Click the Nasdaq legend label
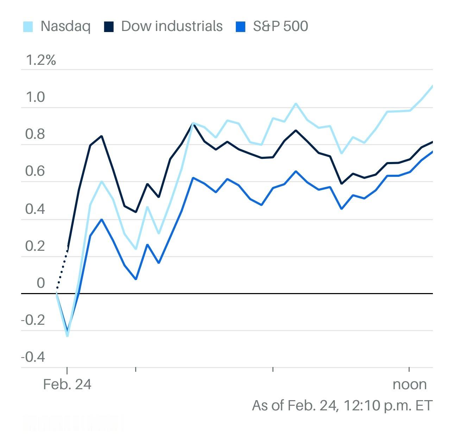click(x=65, y=26)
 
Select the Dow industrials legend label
click(x=172, y=26)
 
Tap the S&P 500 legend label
click(x=280, y=26)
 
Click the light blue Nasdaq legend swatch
click(x=28, y=27)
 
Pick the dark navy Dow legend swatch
click(x=109, y=27)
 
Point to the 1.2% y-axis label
click(x=41, y=60)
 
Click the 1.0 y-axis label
click(x=35, y=97)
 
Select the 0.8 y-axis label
click(x=35, y=135)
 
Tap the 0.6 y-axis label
click(x=35, y=172)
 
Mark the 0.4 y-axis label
click(x=35, y=209)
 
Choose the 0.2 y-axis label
click(x=35, y=246)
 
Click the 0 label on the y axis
click(x=40, y=283)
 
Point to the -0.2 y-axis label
click(x=33, y=321)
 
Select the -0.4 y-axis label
click(x=33, y=358)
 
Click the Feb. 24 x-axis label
click(x=67, y=384)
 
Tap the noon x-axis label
click(x=410, y=384)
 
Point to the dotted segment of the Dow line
click(x=62, y=269)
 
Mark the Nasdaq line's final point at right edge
click(x=432, y=86)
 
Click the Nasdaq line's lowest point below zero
click(x=67, y=335)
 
